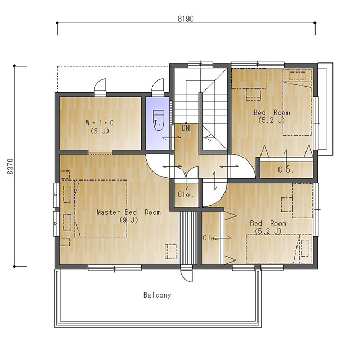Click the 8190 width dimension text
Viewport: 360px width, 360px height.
[x=186, y=19]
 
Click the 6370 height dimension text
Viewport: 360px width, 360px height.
[x=11, y=167]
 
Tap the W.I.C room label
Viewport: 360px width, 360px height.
[x=100, y=123]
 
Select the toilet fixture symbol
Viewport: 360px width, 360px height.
[x=158, y=120]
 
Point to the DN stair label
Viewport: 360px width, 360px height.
[x=186, y=128]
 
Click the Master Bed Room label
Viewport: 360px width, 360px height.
[x=129, y=212]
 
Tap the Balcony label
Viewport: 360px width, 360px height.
[x=157, y=295]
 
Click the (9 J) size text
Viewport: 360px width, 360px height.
[x=129, y=220]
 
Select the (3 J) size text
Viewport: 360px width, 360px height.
[x=100, y=131]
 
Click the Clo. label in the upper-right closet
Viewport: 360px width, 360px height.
[x=285, y=169]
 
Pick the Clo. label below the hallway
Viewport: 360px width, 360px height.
[x=185, y=195]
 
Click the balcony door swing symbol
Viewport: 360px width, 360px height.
[x=186, y=275]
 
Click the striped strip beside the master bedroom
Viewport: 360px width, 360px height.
[x=187, y=238]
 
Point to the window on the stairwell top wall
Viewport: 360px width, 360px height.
[x=201, y=65]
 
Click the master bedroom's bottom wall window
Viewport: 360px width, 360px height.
[x=115, y=268]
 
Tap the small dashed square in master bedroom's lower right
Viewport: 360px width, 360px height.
[x=170, y=251]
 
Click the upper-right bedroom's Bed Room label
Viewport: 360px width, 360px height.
[x=272, y=112]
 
